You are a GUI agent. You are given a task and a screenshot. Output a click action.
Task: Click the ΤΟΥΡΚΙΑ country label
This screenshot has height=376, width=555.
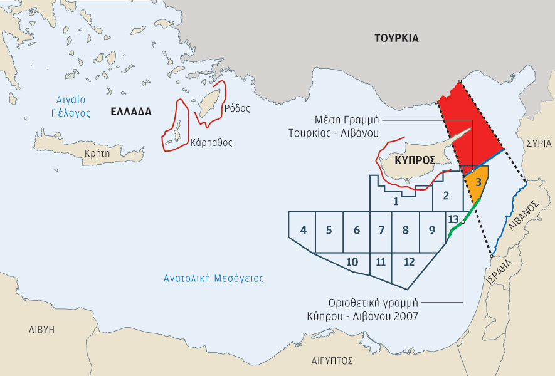(x=396, y=38)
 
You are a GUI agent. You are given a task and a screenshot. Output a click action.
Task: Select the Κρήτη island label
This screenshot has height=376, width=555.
(x=96, y=153)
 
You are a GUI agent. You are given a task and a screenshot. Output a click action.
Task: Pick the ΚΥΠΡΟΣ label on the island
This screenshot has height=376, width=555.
(x=415, y=160)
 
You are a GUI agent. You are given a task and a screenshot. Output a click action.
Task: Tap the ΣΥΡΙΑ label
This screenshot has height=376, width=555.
(x=539, y=142)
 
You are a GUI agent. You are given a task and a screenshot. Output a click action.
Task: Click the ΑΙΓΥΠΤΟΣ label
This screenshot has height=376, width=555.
(x=332, y=361)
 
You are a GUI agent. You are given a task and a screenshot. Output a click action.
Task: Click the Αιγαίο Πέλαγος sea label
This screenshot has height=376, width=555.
(x=70, y=107)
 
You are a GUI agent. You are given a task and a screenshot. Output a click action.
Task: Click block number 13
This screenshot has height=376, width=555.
(x=453, y=219)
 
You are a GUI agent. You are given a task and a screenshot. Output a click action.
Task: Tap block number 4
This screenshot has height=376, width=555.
(x=304, y=230)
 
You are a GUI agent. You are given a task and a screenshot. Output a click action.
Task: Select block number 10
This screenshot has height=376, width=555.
(x=352, y=261)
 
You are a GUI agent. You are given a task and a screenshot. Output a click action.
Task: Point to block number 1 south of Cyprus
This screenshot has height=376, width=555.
(x=396, y=201)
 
